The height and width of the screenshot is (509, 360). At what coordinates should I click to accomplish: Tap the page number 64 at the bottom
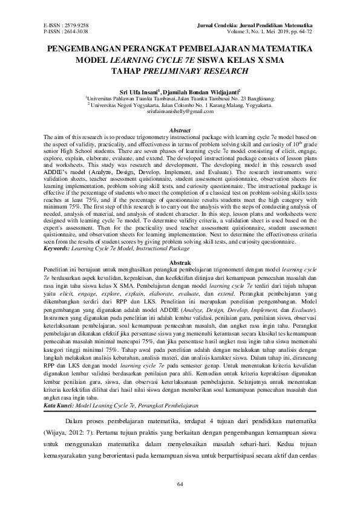tap(180, 484)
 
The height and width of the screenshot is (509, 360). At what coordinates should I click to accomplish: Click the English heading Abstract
tap(180, 131)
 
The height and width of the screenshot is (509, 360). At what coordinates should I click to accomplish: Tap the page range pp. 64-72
tap(304, 31)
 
